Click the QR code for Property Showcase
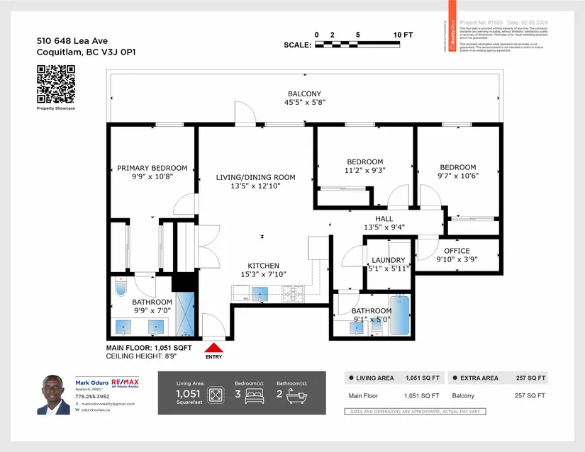pyautogui.click(x=55, y=84)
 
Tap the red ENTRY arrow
pyautogui.click(x=213, y=348)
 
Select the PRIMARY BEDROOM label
pyautogui.click(x=152, y=168)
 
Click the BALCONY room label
pyautogui.click(x=304, y=94)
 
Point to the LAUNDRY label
pyautogui.click(x=388, y=260)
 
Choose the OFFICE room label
pyautogui.click(x=457, y=251)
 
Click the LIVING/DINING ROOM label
pyautogui.click(x=255, y=177)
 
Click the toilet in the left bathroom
pyautogui.click(x=120, y=289)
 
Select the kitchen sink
pyautogui.click(x=260, y=293)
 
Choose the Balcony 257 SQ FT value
pyautogui.click(x=531, y=396)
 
